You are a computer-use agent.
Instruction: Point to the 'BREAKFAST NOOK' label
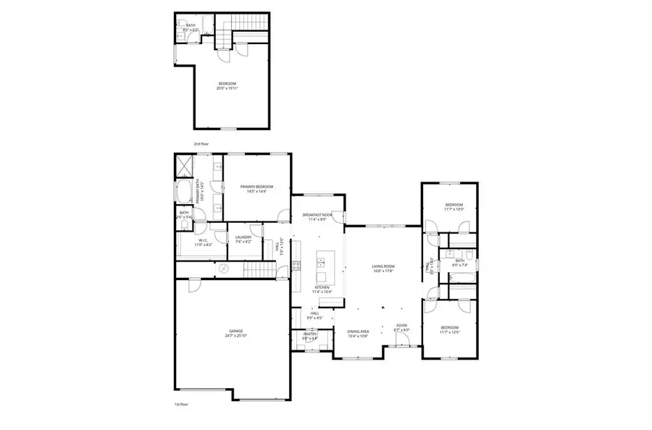coord(317,216)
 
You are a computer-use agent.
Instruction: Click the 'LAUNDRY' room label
coord(243,237)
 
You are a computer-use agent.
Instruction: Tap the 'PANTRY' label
coord(310,334)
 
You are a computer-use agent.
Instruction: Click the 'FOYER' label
coord(401,326)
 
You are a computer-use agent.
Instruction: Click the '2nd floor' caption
coord(201,144)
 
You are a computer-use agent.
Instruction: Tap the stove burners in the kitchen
coord(296,265)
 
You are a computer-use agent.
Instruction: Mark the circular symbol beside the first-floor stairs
coord(224,269)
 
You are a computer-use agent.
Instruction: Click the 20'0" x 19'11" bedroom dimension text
coord(228,88)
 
